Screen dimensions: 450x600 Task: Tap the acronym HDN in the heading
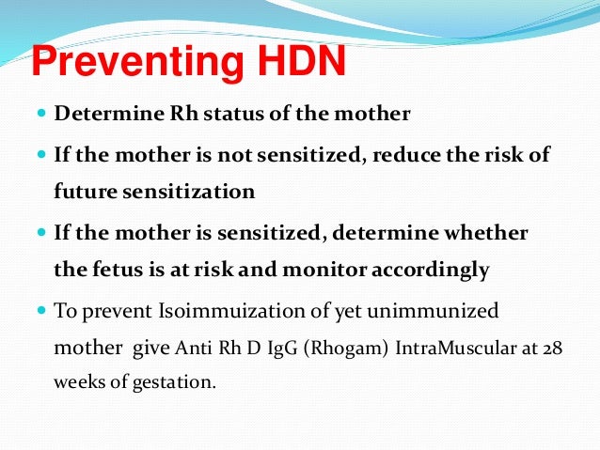click(298, 64)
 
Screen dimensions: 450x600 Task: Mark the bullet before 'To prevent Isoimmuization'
click(42, 310)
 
